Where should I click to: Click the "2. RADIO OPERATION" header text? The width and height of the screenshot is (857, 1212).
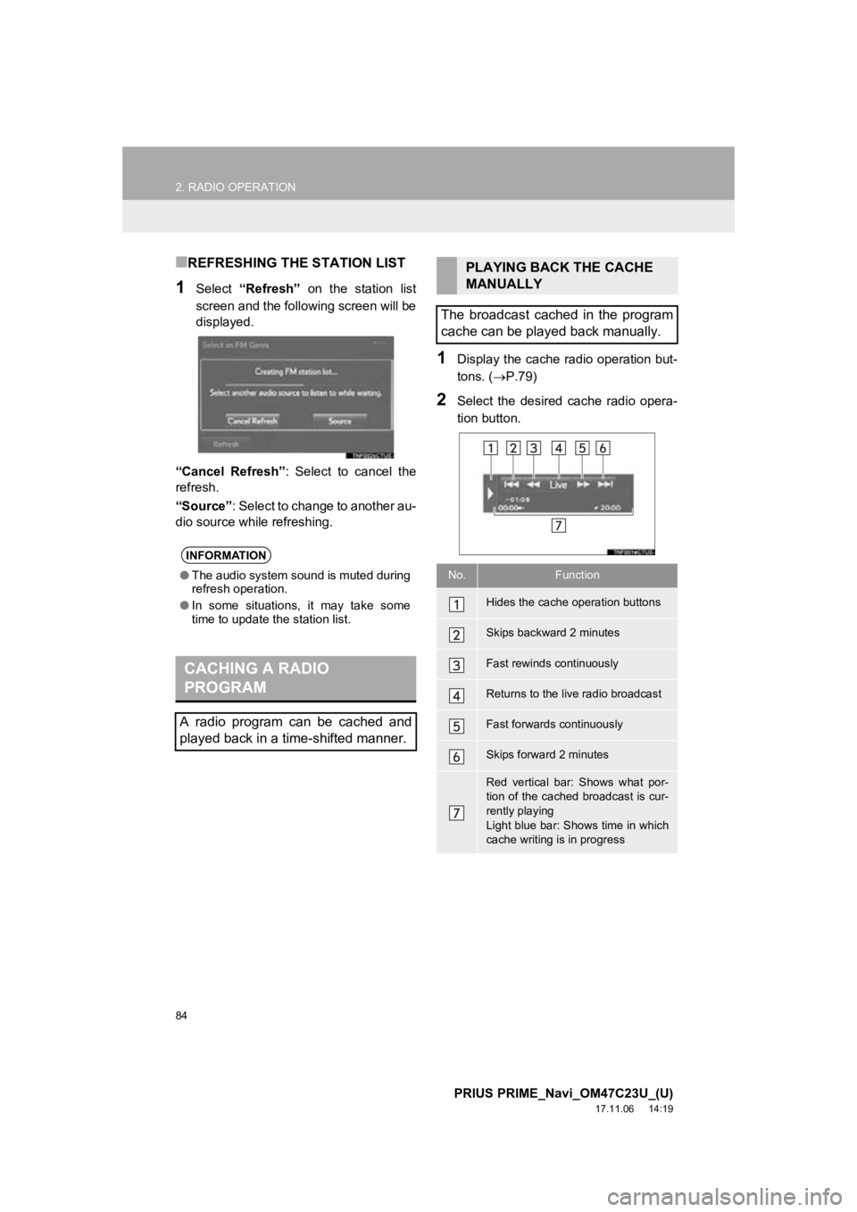pos(236,187)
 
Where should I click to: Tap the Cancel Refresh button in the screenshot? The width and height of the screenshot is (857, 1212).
pos(253,420)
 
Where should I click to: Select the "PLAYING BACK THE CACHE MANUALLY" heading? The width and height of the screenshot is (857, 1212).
pos(559,275)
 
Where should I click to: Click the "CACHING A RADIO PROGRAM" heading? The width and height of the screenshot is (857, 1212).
pos(255,677)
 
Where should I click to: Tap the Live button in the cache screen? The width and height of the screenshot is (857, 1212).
pos(558,485)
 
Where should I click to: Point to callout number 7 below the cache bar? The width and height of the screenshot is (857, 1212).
pos(558,526)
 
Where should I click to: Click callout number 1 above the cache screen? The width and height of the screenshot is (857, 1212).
pos(491,448)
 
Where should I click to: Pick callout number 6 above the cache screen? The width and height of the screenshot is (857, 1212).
pos(603,448)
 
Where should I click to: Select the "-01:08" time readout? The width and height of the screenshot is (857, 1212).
pos(517,498)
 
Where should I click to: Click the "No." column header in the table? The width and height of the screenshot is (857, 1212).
pos(456,576)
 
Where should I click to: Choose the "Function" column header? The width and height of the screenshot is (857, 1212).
pos(577,576)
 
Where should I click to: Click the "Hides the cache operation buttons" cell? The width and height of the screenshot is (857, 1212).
pos(573,602)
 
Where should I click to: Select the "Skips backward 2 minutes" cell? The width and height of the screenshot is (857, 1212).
pos(553,633)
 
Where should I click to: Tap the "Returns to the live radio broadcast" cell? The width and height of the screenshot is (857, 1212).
pos(573,693)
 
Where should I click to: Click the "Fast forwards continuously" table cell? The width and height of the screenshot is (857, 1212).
pos(554,724)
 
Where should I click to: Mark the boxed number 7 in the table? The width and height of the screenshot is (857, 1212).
pos(456,812)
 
